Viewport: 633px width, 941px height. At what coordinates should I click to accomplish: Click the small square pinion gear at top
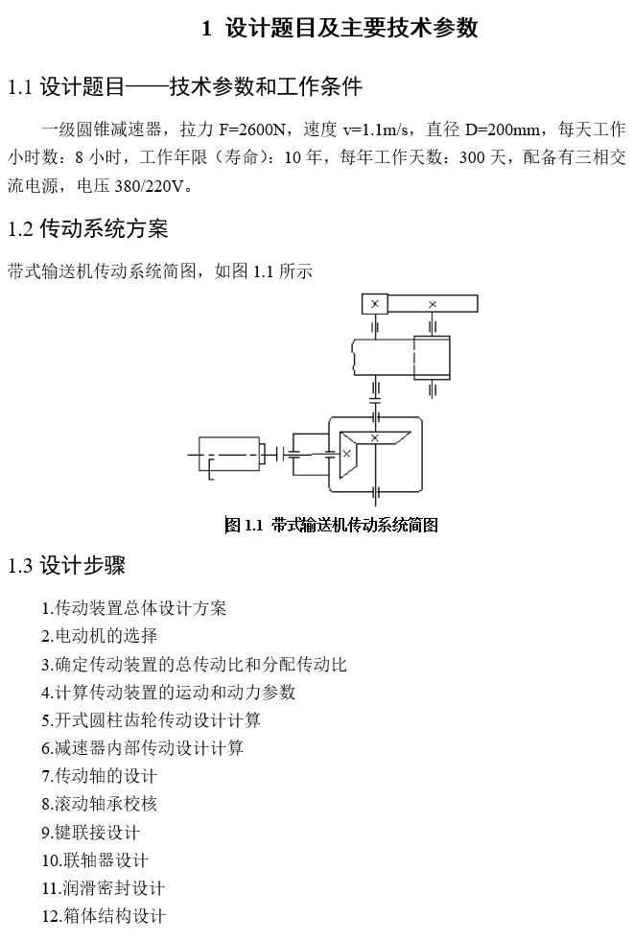click(x=374, y=304)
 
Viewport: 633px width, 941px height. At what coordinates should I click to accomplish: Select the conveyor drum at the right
click(x=431, y=357)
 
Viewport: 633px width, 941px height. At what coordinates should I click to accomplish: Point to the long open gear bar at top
click(x=432, y=304)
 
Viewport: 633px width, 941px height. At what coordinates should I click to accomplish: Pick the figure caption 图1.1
click(x=331, y=525)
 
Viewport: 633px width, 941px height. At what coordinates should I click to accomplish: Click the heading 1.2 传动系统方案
click(x=87, y=228)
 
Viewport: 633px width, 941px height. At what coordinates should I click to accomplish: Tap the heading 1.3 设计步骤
click(x=66, y=565)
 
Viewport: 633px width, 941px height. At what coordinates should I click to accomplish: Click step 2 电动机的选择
click(x=99, y=635)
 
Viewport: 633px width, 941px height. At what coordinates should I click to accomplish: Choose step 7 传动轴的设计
click(x=99, y=775)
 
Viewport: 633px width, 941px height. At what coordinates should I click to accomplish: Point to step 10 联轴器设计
click(x=95, y=859)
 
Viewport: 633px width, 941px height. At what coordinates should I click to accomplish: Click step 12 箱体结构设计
click(x=104, y=916)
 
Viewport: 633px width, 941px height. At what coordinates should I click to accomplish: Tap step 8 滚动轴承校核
click(x=99, y=803)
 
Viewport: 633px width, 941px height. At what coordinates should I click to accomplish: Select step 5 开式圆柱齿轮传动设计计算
click(x=151, y=719)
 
